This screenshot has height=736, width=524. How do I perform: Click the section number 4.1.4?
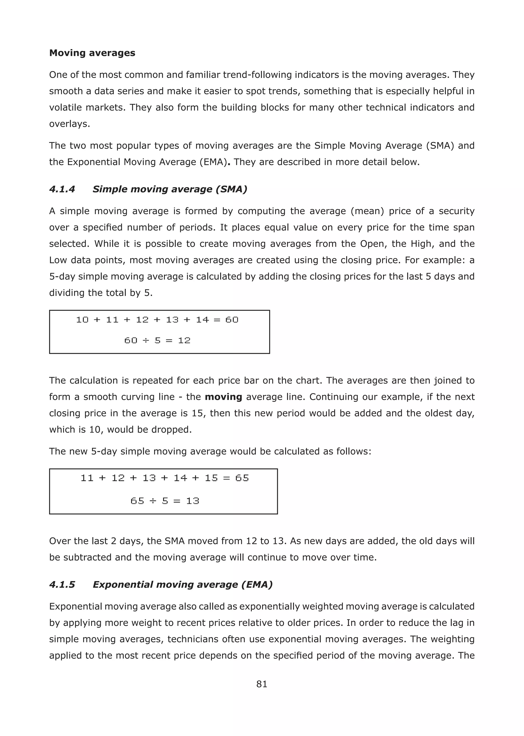62,189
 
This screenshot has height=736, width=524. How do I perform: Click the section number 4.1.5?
62,584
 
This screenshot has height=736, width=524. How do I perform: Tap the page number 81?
262,684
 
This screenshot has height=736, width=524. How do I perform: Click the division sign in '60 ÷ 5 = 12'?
146,341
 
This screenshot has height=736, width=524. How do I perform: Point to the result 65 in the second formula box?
242,478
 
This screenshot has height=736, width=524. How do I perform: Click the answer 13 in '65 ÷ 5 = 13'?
193,501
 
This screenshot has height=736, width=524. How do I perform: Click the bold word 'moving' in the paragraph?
223,397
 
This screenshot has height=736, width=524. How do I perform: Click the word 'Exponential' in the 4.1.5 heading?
123,584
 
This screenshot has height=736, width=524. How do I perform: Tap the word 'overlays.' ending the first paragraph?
69,124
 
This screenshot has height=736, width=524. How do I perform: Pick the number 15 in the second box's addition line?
211,478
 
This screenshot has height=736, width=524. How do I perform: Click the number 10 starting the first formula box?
82,320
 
